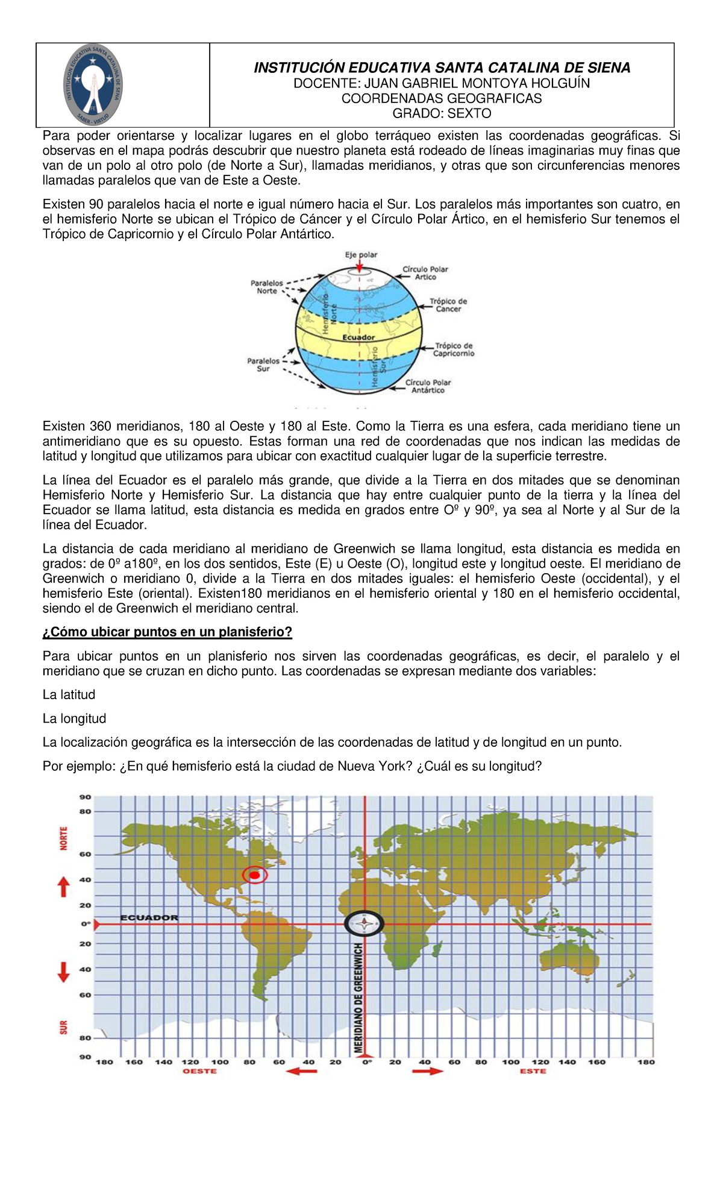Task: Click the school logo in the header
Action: point(94,85)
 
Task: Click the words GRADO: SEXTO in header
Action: point(442,113)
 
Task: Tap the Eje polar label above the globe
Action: point(361,254)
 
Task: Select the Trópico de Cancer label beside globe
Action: point(448,305)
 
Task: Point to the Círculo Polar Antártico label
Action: point(428,386)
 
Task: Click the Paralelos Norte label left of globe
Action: point(267,286)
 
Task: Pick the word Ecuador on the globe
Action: point(358,338)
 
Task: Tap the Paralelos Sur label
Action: point(263,365)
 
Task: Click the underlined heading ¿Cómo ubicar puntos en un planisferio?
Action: point(167,632)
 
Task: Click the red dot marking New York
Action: point(255,875)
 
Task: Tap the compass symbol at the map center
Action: point(364,923)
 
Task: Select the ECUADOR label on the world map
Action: point(149,917)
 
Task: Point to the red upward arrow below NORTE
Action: point(63,887)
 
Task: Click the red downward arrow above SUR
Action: point(63,971)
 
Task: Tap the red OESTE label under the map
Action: point(199,1071)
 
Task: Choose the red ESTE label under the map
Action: point(533,1071)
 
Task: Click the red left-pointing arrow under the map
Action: point(301,1071)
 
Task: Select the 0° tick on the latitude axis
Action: point(86,923)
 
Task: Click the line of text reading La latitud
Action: point(69,694)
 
